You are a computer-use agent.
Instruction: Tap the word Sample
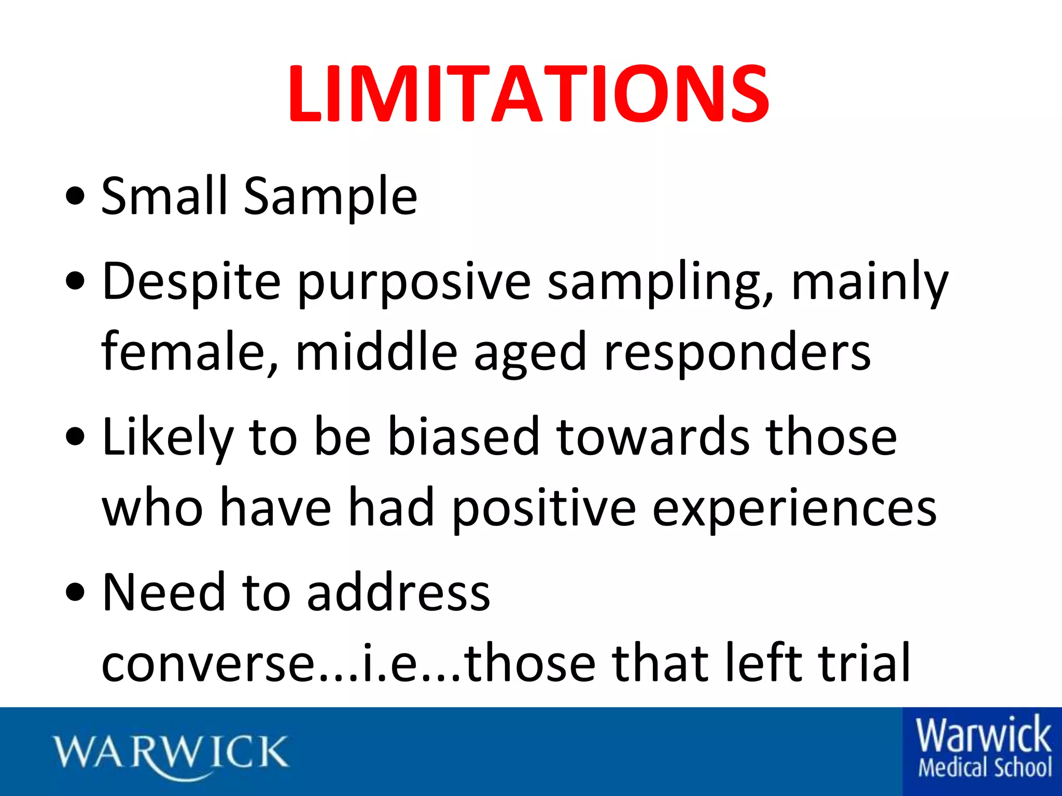coord(330,197)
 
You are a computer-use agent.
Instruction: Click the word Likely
coord(167,438)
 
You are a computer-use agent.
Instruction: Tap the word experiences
coord(794,509)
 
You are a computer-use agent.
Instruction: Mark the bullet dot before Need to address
coord(76,593)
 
